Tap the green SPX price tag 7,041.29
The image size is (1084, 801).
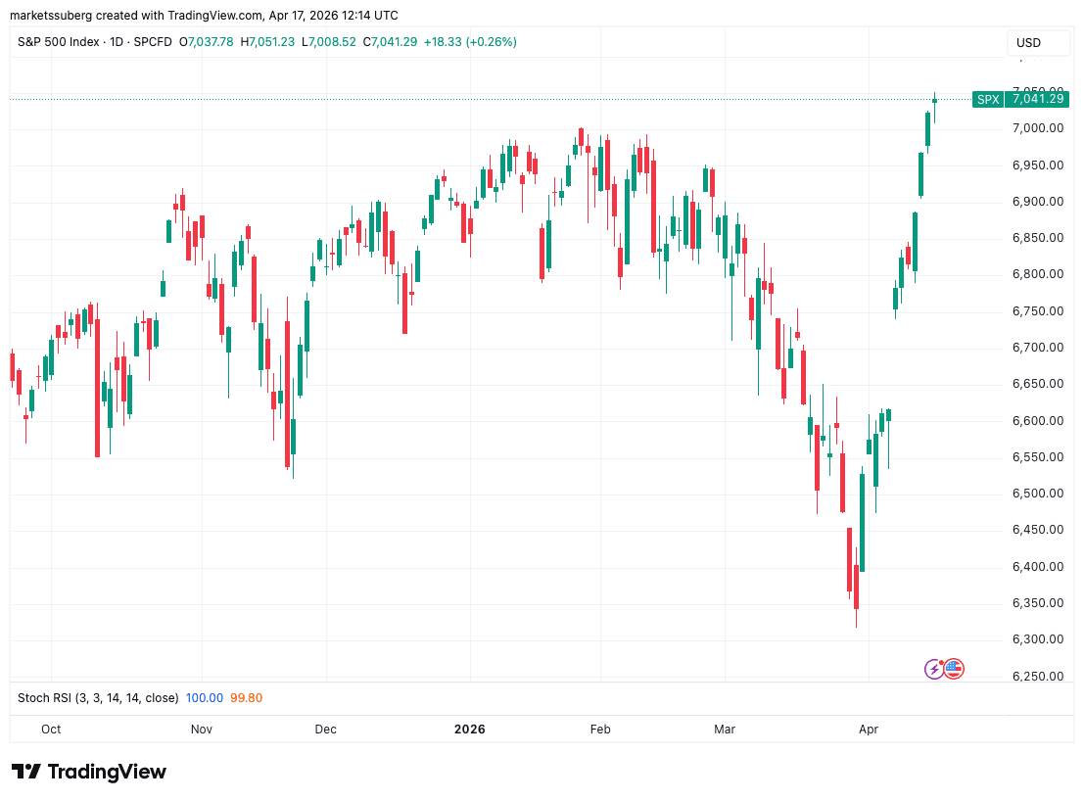1019,99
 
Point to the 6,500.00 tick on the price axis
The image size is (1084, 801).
1037,494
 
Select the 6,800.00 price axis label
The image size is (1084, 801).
1037,274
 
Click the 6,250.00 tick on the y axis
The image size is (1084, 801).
1037,677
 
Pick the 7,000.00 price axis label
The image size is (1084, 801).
1037,128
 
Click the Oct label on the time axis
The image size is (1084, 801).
51,730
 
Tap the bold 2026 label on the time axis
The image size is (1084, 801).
470,730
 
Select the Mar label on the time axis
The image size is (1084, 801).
725,730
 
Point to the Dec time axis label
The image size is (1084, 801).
326,730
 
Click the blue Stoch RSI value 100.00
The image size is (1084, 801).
205,698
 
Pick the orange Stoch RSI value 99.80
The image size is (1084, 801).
246,698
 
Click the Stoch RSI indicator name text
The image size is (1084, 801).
98,698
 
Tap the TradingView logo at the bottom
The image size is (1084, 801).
89,772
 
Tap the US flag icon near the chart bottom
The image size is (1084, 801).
953,669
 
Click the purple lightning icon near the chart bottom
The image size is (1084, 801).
934,669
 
